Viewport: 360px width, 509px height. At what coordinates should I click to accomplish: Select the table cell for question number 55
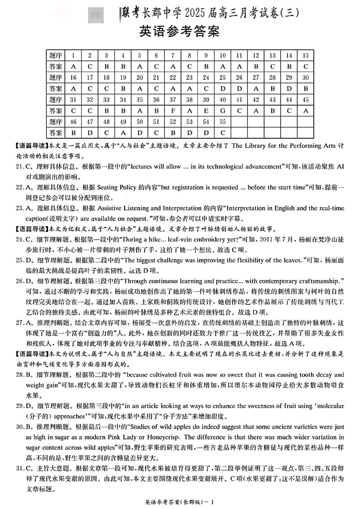tap(223, 121)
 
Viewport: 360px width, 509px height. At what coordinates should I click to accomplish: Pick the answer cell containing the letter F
tap(173, 110)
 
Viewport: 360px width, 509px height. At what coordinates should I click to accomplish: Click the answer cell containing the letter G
tap(223, 110)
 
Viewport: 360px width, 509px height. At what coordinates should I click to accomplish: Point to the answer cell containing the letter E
tap(206, 110)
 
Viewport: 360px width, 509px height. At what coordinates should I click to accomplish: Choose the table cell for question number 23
tap(189, 77)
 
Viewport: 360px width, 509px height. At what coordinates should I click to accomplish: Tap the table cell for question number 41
tap(239, 99)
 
